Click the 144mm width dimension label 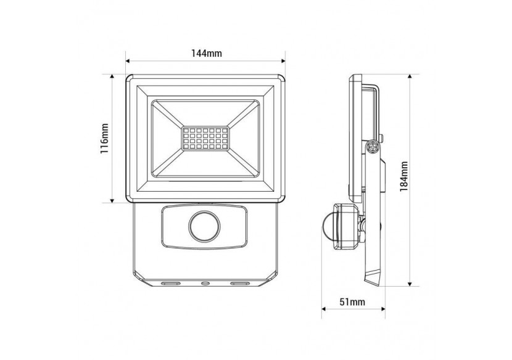206,54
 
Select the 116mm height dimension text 105,139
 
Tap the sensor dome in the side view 328,224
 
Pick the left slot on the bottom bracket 170,284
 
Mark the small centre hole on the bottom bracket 205,284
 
